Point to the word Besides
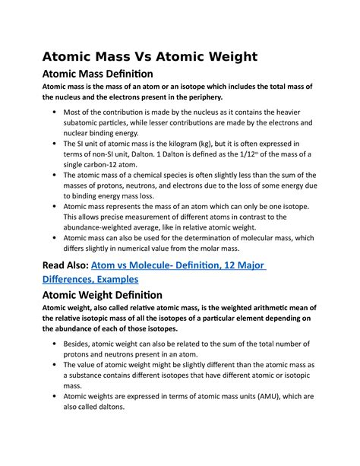[84, 344]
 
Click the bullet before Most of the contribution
[55, 112]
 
